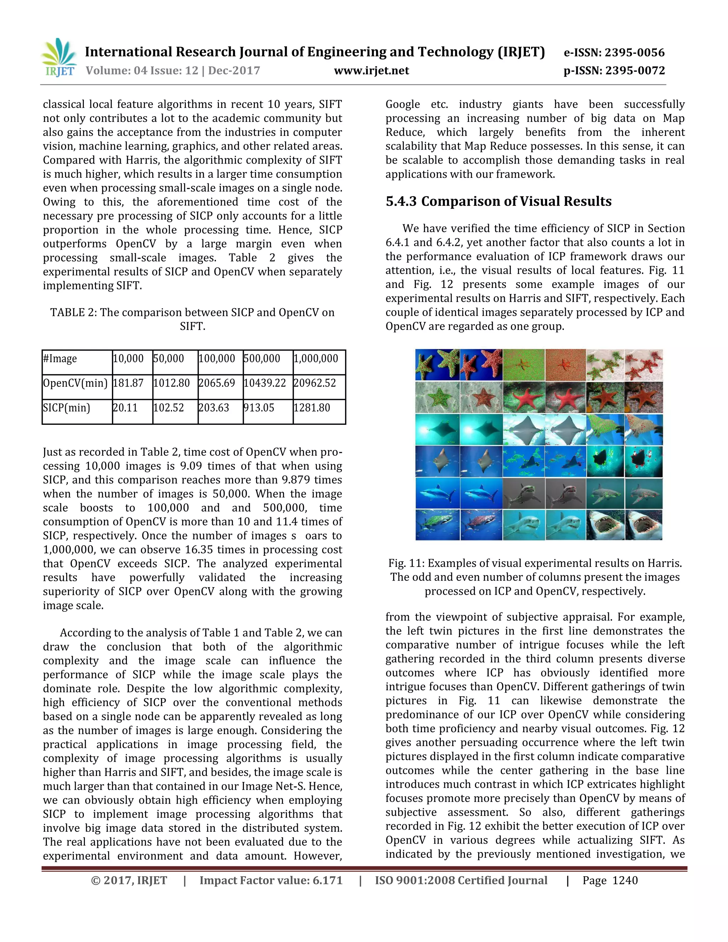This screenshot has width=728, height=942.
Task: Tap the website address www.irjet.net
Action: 371,71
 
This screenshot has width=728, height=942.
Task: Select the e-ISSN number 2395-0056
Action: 635,53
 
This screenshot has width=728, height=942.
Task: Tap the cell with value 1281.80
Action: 312,408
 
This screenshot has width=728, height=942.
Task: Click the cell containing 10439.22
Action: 265,383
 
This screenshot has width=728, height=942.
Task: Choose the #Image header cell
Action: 60,358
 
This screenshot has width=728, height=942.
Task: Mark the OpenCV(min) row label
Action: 75,383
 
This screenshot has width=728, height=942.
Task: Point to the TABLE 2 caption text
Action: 192,319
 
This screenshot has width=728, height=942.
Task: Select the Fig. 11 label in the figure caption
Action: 407,563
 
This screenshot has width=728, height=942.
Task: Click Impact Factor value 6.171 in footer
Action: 271,880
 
